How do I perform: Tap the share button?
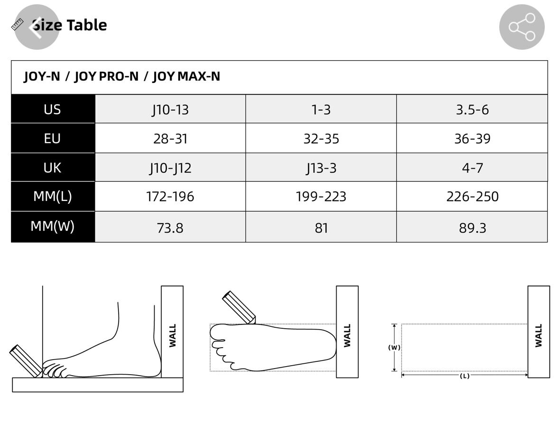click(522, 27)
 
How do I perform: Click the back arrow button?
click(37, 27)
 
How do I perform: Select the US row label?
click(53, 109)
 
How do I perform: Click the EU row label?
click(53, 138)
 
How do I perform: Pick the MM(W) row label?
click(53, 226)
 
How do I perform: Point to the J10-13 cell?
click(170, 110)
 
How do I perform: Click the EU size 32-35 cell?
click(321, 138)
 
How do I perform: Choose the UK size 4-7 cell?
click(472, 168)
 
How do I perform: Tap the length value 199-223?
click(321, 197)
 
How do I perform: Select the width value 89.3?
click(472, 228)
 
